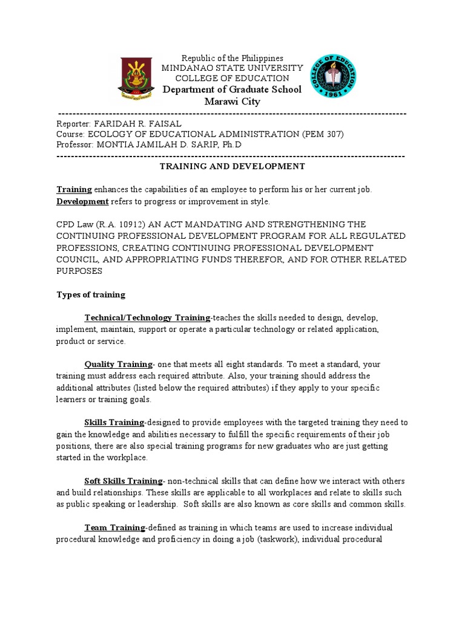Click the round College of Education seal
coord(334,77)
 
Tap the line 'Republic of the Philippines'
coord(232,58)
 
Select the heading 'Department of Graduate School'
coord(232,89)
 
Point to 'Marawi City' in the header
coord(232,102)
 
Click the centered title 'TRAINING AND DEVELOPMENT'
coord(232,166)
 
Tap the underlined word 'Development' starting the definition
coord(82,201)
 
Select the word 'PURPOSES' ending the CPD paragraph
coord(79,271)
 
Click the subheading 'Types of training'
coord(91,295)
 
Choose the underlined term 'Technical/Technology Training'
coord(147,318)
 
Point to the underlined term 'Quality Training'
coord(118,365)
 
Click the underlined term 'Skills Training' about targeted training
coord(114,423)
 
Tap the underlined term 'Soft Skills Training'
coord(124,481)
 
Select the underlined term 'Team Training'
coord(114,528)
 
